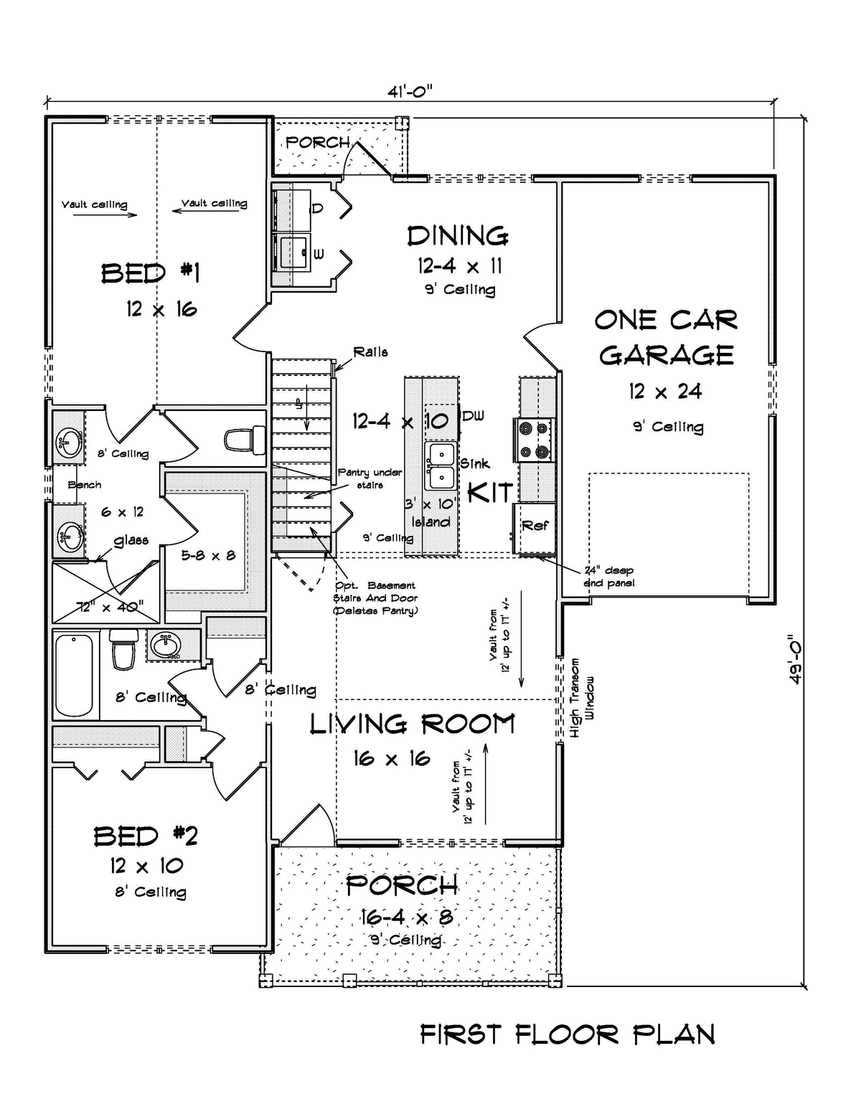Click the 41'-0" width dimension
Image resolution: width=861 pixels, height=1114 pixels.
(410, 91)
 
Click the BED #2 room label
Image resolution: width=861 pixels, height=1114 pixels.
(146, 836)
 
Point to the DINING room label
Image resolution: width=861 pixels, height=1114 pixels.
(458, 236)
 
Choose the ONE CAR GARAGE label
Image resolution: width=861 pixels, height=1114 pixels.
(667, 337)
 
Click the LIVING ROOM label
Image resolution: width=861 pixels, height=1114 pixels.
(412, 724)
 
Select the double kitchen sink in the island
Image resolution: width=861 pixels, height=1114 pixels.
(439, 466)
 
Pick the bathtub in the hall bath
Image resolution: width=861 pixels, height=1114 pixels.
(75, 675)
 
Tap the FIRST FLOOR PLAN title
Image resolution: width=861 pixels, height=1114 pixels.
(567, 1035)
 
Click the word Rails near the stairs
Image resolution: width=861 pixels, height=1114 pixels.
(370, 352)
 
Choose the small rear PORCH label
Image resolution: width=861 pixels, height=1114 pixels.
(317, 143)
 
